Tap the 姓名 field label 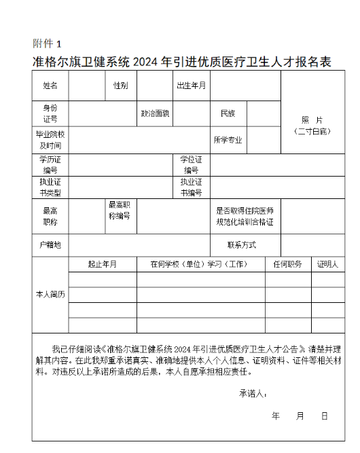pos(50,86)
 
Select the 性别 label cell pos(120,86)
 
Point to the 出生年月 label pos(192,86)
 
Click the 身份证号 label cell pos(50,113)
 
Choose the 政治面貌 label pos(155,113)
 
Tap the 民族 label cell pos(227,113)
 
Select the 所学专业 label pos(228,140)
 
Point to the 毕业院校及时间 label pos(50,140)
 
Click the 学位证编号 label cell pos(191,164)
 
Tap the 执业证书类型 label pos(50,187)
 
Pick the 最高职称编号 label pos(120,211)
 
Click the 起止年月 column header pos(103,264)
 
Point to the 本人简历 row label pos(50,295)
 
